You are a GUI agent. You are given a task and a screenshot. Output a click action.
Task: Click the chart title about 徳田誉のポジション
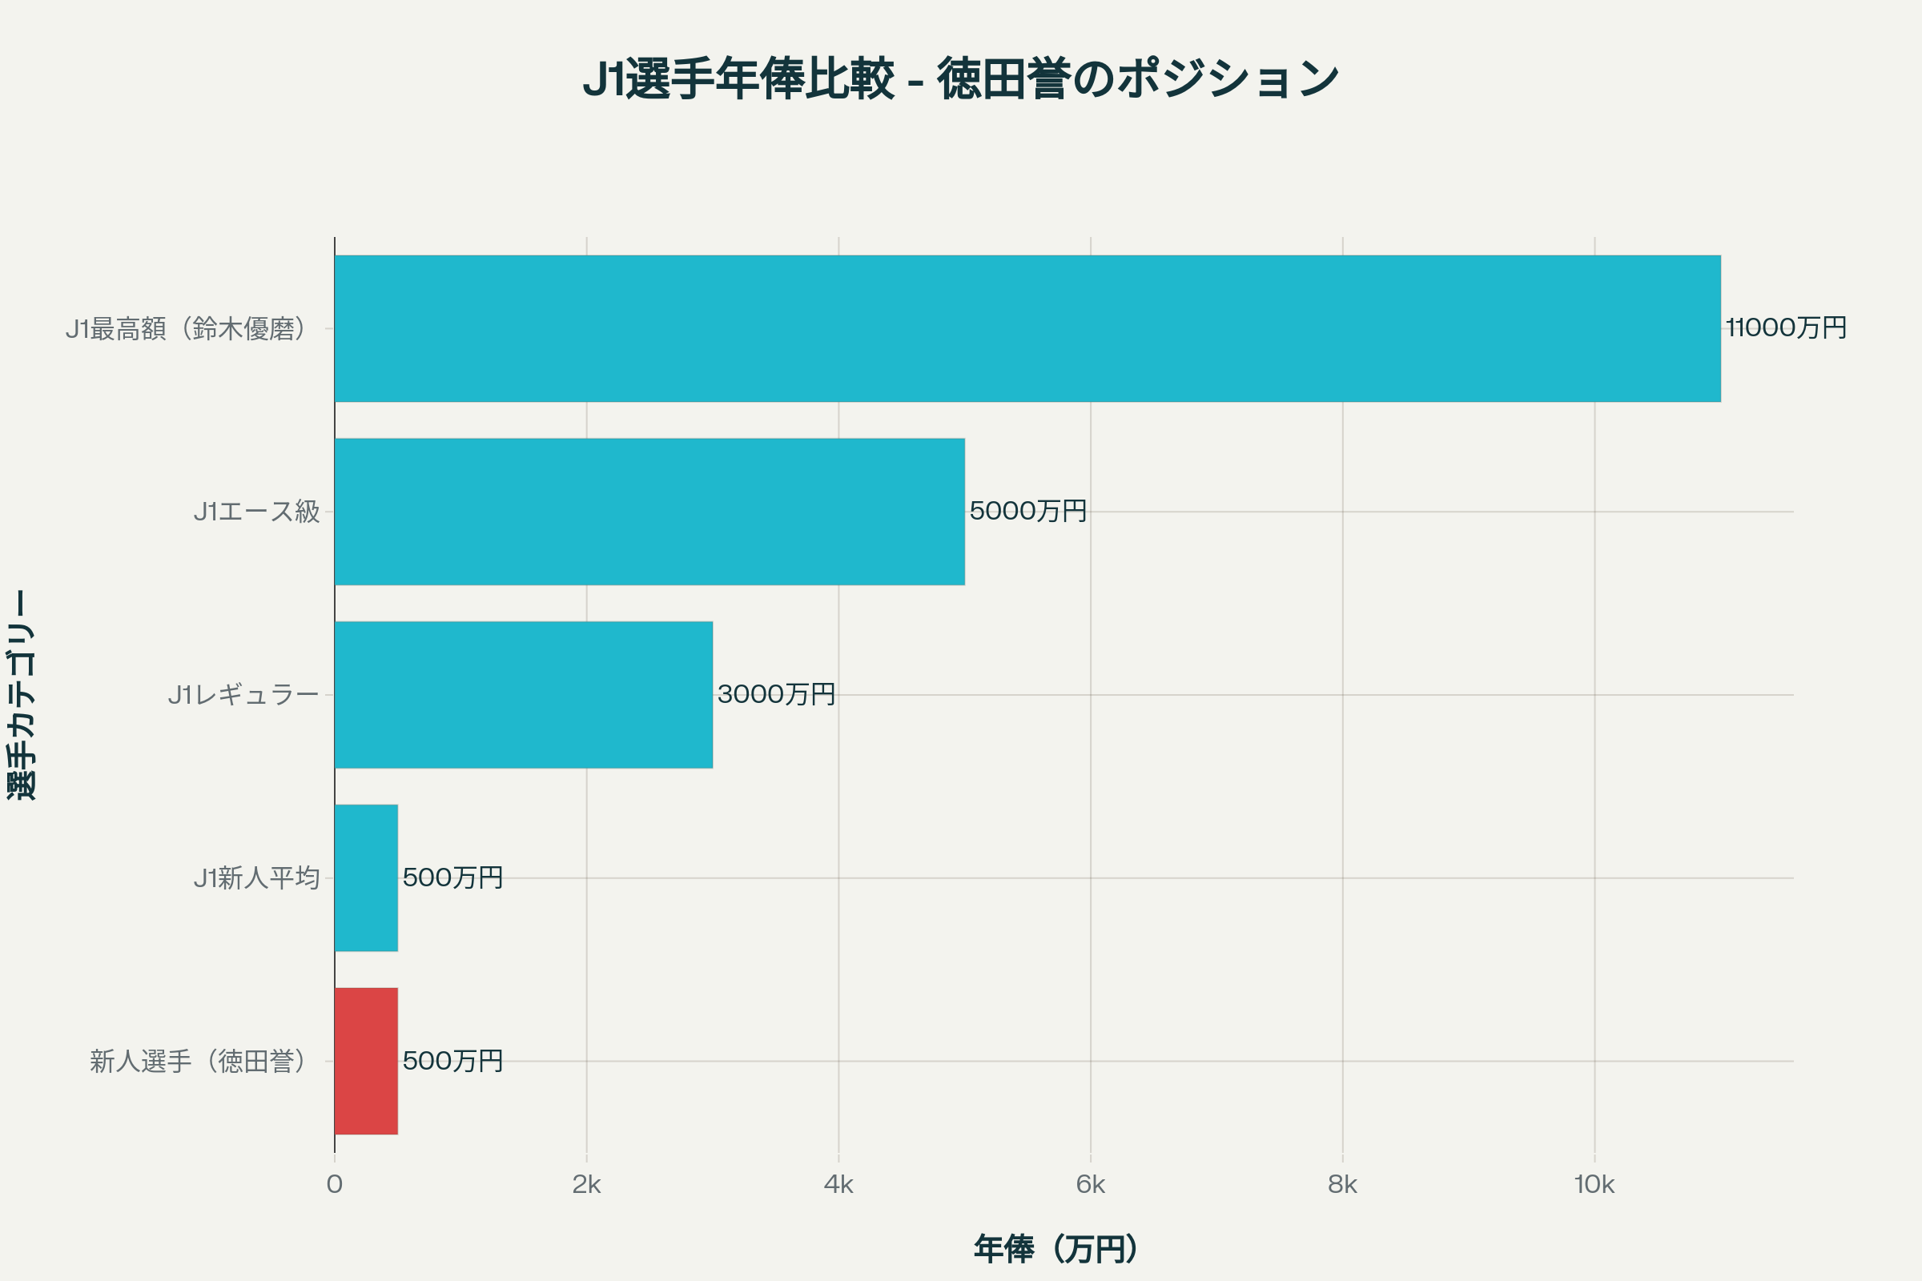point(960,79)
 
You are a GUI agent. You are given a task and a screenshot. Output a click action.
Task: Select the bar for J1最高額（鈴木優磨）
point(1027,328)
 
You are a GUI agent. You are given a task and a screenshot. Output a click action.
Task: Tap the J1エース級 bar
point(649,512)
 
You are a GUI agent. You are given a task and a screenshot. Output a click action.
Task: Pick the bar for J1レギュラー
point(523,694)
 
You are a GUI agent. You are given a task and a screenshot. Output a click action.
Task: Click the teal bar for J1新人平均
point(366,877)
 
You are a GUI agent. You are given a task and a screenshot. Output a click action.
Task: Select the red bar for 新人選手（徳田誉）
point(366,1060)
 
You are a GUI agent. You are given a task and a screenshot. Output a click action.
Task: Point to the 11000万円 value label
point(1787,328)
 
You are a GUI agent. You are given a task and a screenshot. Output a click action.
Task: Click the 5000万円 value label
point(1028,512)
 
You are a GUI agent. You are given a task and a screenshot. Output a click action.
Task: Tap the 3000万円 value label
point(776,694)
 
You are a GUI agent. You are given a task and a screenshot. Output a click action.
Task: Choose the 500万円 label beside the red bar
point(452,1060)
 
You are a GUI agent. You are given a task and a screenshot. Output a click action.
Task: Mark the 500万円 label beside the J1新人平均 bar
point(452,877)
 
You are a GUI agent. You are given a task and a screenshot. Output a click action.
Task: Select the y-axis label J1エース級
point(256,512)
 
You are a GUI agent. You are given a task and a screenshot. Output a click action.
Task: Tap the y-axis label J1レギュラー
point(243,694)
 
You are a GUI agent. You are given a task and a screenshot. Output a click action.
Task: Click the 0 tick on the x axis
point(334,1185)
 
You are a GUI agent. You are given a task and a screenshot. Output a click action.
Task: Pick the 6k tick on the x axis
point(1090,1185)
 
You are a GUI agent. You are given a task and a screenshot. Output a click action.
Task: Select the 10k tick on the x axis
point(1594,1185)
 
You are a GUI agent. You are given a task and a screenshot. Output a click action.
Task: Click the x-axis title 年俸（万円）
point(1056,1249)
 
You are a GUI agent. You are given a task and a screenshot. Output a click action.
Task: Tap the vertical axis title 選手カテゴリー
point(22,694)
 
